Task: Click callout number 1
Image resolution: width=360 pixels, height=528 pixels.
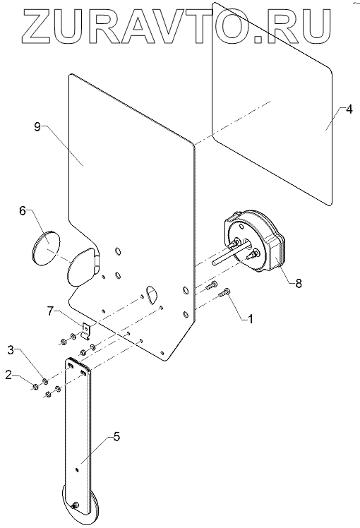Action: pos(250,318)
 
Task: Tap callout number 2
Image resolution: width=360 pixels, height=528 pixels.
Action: pos(8,375)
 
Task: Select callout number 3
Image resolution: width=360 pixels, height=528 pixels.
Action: pos(11,350)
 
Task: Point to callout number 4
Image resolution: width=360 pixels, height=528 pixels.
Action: pos(349,109)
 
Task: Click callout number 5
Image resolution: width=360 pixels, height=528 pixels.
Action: pos(116,437)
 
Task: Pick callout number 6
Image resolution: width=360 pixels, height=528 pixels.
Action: pos(22,212)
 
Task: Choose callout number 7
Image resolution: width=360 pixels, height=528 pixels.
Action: pos(50,311)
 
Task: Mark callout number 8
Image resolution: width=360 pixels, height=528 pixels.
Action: pos(299,283)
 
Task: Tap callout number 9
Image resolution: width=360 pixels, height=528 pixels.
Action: pos(37,127)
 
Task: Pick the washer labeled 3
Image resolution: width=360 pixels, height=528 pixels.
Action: pos(44,381)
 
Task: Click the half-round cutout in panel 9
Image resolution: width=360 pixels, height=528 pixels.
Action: pos(152,294)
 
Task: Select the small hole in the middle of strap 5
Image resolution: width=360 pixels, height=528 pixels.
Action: pos(78,469)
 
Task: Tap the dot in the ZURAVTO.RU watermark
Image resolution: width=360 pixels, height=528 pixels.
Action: pos(259,39)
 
